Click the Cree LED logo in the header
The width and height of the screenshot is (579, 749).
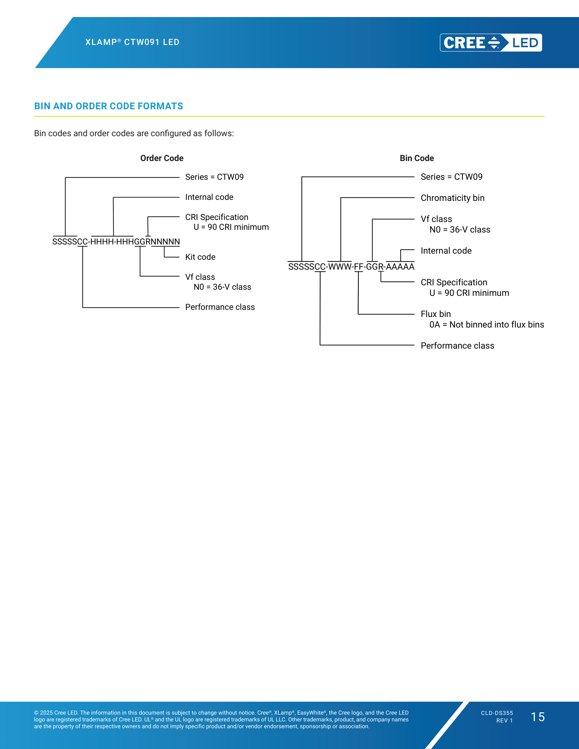(x=491, y=43)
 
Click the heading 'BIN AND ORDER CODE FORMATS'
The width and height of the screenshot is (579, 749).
(x=108, y=106)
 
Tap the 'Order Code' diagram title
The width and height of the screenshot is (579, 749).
(x=162, y=158)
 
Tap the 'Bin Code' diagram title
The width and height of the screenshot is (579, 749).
(x=417, y=158)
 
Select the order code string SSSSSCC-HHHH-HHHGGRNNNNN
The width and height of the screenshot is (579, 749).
(x=116, y=241)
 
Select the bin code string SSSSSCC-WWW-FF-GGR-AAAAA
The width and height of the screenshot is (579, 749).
(x=351, y=267)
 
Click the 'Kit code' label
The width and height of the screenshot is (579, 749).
(x=200, y=257)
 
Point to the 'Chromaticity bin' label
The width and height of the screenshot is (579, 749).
(x=452, y=198)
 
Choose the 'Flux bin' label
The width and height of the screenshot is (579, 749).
(x=436, y=314)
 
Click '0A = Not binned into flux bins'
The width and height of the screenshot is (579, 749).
(x=487, y=324)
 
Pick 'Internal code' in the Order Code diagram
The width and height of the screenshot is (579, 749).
(x=209, y=197)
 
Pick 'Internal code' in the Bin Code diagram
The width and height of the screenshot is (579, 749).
(x=446, y=251)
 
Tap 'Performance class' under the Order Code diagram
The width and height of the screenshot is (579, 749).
(x=220, y=307)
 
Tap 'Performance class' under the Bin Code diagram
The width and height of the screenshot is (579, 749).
(x=457, y=346)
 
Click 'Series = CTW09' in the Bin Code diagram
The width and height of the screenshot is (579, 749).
(x=451, y=177)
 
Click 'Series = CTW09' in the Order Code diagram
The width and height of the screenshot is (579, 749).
(x=214, y=177)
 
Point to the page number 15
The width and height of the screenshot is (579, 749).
(x=537, y=717)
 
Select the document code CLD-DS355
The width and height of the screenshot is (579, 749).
(x=497, y=713)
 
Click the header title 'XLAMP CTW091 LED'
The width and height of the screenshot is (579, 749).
(x=132, y=42)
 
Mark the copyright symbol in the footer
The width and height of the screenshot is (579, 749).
(x=36, y=713)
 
